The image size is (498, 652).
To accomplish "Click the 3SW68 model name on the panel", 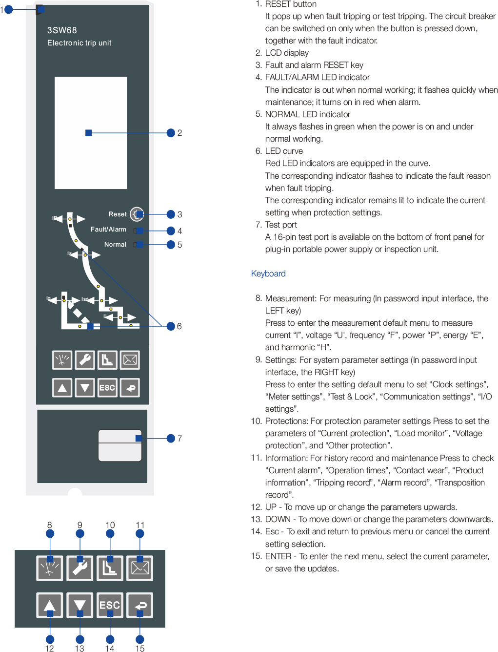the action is [x=62, y=30].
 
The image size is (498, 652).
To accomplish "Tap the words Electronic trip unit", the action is [x=79, y=43].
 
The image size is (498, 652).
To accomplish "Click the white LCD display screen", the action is [x=90, y=133].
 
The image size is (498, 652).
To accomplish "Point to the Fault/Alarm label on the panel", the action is [x=108, y=230].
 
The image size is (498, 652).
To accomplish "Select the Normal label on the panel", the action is [x=115, y=245].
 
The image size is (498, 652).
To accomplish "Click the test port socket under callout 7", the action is [x=120, y=445].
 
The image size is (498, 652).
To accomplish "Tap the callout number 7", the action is [x=180, y=439].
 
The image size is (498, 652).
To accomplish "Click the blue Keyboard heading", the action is [x=268, y=273].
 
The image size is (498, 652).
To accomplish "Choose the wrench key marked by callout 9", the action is [x=80, y=568].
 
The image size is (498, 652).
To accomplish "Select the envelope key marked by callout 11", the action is [x=139, y=568].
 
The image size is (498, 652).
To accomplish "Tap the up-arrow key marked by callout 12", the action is [x=50, y=605].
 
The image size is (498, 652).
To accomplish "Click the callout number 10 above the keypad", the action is [x=110, y=525].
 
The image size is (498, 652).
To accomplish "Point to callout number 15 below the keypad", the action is [x=139, y=648].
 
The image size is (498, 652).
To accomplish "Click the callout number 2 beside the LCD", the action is [x=180, y=133].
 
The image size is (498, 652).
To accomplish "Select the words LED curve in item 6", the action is [x=284, y=151].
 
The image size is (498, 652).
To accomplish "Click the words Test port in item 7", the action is [x=281, y=225].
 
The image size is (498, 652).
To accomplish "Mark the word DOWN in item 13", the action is [x=278, y=519].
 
